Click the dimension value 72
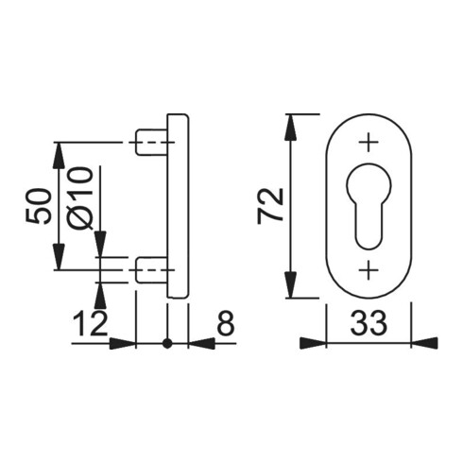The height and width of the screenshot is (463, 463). tap(270, 205)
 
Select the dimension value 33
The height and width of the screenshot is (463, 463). tap(369, 323)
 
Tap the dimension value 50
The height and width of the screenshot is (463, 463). tap(39, 206)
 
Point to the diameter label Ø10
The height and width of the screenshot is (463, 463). tap(80, 198)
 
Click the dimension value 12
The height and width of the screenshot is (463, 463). tap(91, 324)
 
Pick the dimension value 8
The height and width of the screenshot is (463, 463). tap(227, 323)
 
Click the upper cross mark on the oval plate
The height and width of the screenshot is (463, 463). tap(369, 143)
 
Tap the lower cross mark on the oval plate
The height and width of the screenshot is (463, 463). tap(369, 270)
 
